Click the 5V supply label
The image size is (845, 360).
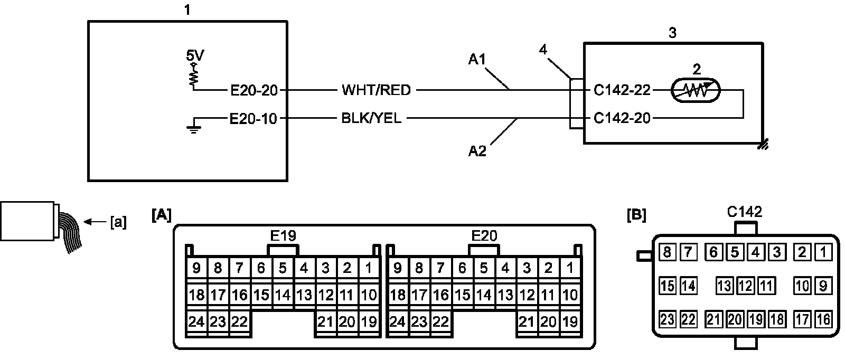pos(195,56)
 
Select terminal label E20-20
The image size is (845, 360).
pos(254,90)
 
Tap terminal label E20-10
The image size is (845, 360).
pos(253,119)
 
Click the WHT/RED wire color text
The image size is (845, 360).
pos(376,90)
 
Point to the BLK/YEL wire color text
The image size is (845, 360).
pos(371,118)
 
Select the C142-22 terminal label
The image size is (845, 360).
pos(622,90)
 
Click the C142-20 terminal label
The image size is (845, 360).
pos(622,118)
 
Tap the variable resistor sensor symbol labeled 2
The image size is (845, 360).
pos(696,90)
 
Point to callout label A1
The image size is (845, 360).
pos(477,59)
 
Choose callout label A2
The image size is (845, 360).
pos(477,151)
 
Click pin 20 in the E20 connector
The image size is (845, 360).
pos(548,321)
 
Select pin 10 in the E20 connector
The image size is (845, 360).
pos(570,295)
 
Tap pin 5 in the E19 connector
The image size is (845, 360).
pos(283,268)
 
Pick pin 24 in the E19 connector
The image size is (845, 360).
pos(196,321)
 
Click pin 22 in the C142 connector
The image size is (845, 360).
pos(689,320)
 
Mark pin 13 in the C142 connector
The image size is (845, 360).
pos(724,286)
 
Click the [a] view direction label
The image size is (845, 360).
pos(118,222)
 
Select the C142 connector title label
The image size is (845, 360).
pos(744,212)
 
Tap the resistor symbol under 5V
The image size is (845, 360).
pos(194,77)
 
